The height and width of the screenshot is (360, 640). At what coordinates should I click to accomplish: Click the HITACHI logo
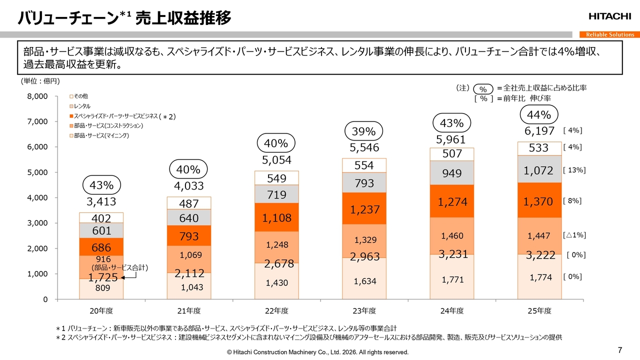tap(609, 16)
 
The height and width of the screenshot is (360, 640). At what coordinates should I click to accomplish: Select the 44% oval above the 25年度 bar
tap(539, 115)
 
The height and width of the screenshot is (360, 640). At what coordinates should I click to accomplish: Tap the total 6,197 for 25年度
tap(539, 131)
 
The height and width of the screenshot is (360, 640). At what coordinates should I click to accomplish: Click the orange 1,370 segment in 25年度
tap(538, 201)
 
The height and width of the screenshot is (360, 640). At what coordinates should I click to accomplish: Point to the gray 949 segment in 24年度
tap(451, 173)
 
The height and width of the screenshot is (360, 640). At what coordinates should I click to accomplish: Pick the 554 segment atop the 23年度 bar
tap(364, 165)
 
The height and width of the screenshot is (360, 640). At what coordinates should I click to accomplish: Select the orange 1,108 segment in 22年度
tap(276, 217)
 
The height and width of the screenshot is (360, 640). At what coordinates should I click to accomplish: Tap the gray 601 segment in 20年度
tap(101, 231)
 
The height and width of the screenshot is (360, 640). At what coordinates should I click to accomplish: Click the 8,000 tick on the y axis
tap(37, 96)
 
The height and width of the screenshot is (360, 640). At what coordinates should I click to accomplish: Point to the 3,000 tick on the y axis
tap(37, 223)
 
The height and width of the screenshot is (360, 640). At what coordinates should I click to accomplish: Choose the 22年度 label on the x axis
tap(276, 311)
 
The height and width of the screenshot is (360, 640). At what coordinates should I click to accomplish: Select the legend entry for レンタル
tap(83, 106)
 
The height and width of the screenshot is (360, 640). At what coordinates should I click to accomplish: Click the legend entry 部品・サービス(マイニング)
tap(101, 136)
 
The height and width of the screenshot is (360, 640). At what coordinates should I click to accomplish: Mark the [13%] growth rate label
tap(574, 170)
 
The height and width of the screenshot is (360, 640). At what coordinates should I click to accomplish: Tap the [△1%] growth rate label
tap(574, 234)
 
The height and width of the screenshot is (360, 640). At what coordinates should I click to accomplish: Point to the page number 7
tap(620, 349)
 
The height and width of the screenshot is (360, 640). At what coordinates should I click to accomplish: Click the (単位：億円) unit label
tap(41, 80)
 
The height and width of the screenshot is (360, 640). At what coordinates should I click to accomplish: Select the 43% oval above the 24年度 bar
tap(451, 123)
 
